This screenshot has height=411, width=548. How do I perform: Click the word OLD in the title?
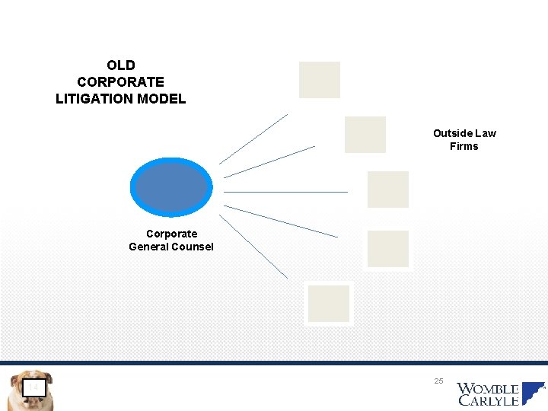coord(120,65)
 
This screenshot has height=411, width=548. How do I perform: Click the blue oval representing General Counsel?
coord(170,187)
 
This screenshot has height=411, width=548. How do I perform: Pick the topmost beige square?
coord(320,80)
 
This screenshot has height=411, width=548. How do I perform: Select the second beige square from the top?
coord(365,135)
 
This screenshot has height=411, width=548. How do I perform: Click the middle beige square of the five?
coord(388,190)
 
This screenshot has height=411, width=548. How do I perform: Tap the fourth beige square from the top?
coord(388,249)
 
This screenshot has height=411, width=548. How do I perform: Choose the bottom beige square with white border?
coord(329,304)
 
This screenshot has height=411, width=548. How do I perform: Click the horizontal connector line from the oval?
coord(286,192)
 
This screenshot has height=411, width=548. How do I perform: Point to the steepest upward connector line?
coord(253,139)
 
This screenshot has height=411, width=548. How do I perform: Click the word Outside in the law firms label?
coord(448,133)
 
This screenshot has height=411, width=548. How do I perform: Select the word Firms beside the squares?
coord(464,146)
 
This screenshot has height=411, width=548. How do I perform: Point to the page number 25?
coord(438,380)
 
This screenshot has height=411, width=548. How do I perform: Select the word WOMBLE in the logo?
coord(488,390)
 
